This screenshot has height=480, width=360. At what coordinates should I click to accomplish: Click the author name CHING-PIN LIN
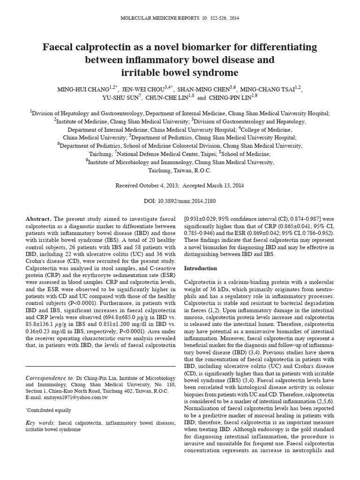(x=232, y=98)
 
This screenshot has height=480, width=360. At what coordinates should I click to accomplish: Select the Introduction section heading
(x=201, y=268)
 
